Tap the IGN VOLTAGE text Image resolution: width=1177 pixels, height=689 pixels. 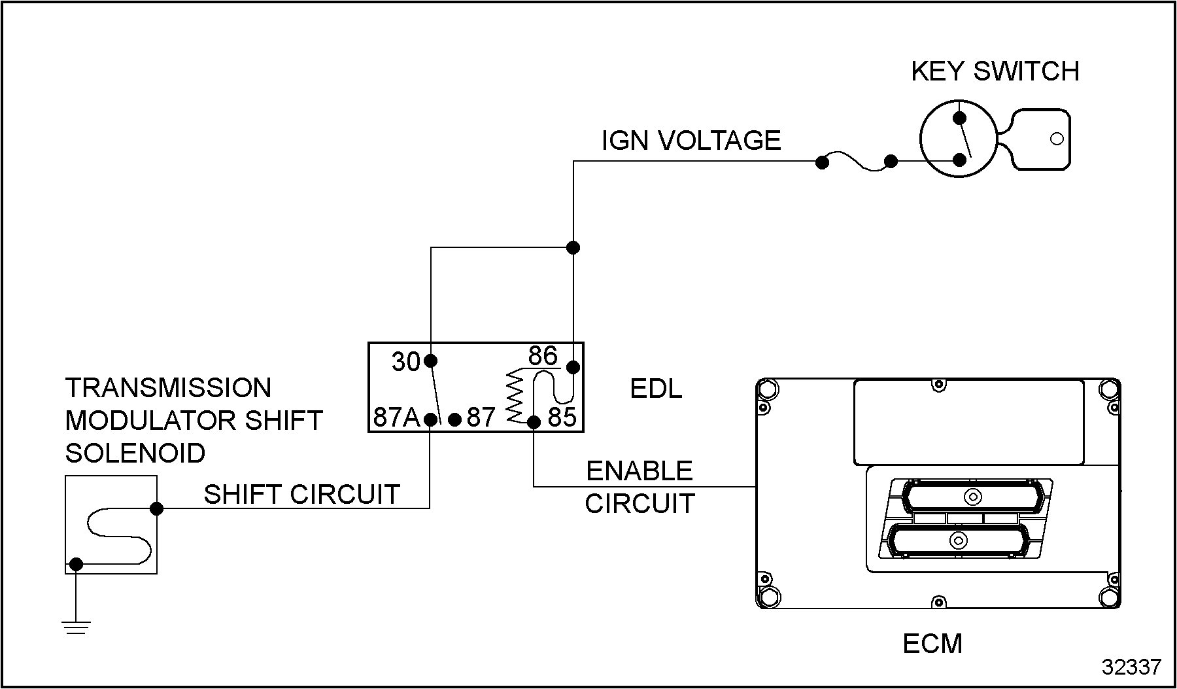(691, 141)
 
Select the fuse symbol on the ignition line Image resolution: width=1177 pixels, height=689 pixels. (856, 162)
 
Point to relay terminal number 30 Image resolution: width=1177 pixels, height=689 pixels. (405, 362)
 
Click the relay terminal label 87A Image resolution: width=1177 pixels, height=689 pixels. (396, 417)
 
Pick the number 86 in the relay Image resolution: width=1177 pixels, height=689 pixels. (543, 357)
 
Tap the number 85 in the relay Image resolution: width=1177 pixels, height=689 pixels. (562, 417)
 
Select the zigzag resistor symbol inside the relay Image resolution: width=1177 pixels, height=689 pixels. (517, 396)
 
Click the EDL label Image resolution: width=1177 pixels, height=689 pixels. (655, 389)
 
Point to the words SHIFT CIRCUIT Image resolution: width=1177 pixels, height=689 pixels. (301, 495)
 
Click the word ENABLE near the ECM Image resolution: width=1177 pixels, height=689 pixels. (639, 471)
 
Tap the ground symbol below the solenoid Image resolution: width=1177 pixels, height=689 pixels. (77, 627)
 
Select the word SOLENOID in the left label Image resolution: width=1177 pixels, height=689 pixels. (135, 453)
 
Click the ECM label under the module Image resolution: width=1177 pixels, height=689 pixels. (932, 644)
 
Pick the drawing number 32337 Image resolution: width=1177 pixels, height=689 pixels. (1131, 667)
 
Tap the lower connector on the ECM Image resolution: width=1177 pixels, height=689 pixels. (959, 541)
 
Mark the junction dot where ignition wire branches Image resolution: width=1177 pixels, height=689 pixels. (573, 247)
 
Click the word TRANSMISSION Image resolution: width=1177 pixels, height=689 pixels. (168, 388)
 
